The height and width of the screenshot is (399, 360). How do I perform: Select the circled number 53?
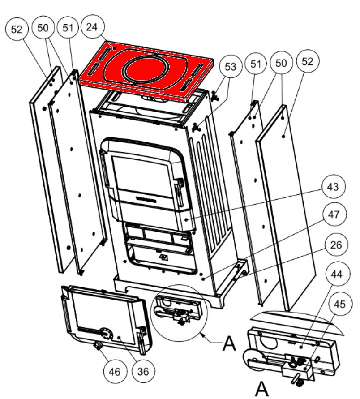tap(230, 68)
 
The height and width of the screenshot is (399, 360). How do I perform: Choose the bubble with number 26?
tap(332, 246)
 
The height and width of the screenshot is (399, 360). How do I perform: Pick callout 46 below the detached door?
tap(114, 371)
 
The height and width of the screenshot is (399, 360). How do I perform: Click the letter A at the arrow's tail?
tap(229, 345)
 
